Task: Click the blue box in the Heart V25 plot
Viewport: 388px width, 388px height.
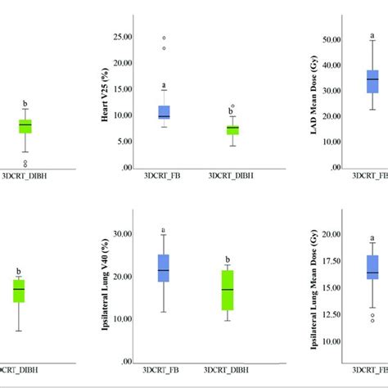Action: [x=164, y=112]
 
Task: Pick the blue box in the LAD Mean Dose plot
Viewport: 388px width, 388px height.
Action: [x=372, y=80]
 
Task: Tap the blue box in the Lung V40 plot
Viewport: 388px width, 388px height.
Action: [x=164, y=268]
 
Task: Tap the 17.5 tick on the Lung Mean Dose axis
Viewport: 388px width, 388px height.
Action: [x=332, y=261]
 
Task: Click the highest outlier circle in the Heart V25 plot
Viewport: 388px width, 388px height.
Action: [x=164, y=38]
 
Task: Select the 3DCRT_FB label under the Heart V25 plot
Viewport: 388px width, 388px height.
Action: [x=162, y=175]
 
